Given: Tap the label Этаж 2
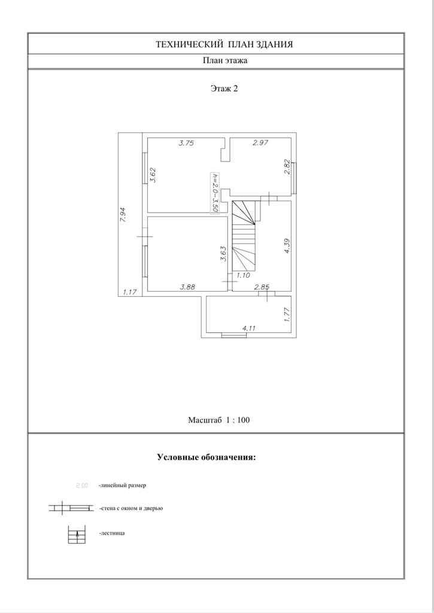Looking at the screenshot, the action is click(224, 89).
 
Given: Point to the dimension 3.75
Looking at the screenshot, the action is click(187, 142).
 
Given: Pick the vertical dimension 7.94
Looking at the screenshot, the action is click(123, 215).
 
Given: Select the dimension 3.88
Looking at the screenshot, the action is click(188, 287).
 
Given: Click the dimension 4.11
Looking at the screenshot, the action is click(250, 328).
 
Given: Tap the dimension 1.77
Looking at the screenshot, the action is click(287, 314).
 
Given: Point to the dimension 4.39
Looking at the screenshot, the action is click(287, 247).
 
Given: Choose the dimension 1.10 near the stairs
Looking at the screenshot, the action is click(242, 276).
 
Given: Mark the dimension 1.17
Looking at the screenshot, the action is click(130, 292).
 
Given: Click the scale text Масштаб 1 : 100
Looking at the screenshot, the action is click(218, 420).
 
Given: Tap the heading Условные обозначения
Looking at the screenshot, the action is click(206, 457).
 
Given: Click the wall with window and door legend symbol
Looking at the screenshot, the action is click(72, 508).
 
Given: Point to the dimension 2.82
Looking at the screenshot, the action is click(287, 166).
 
